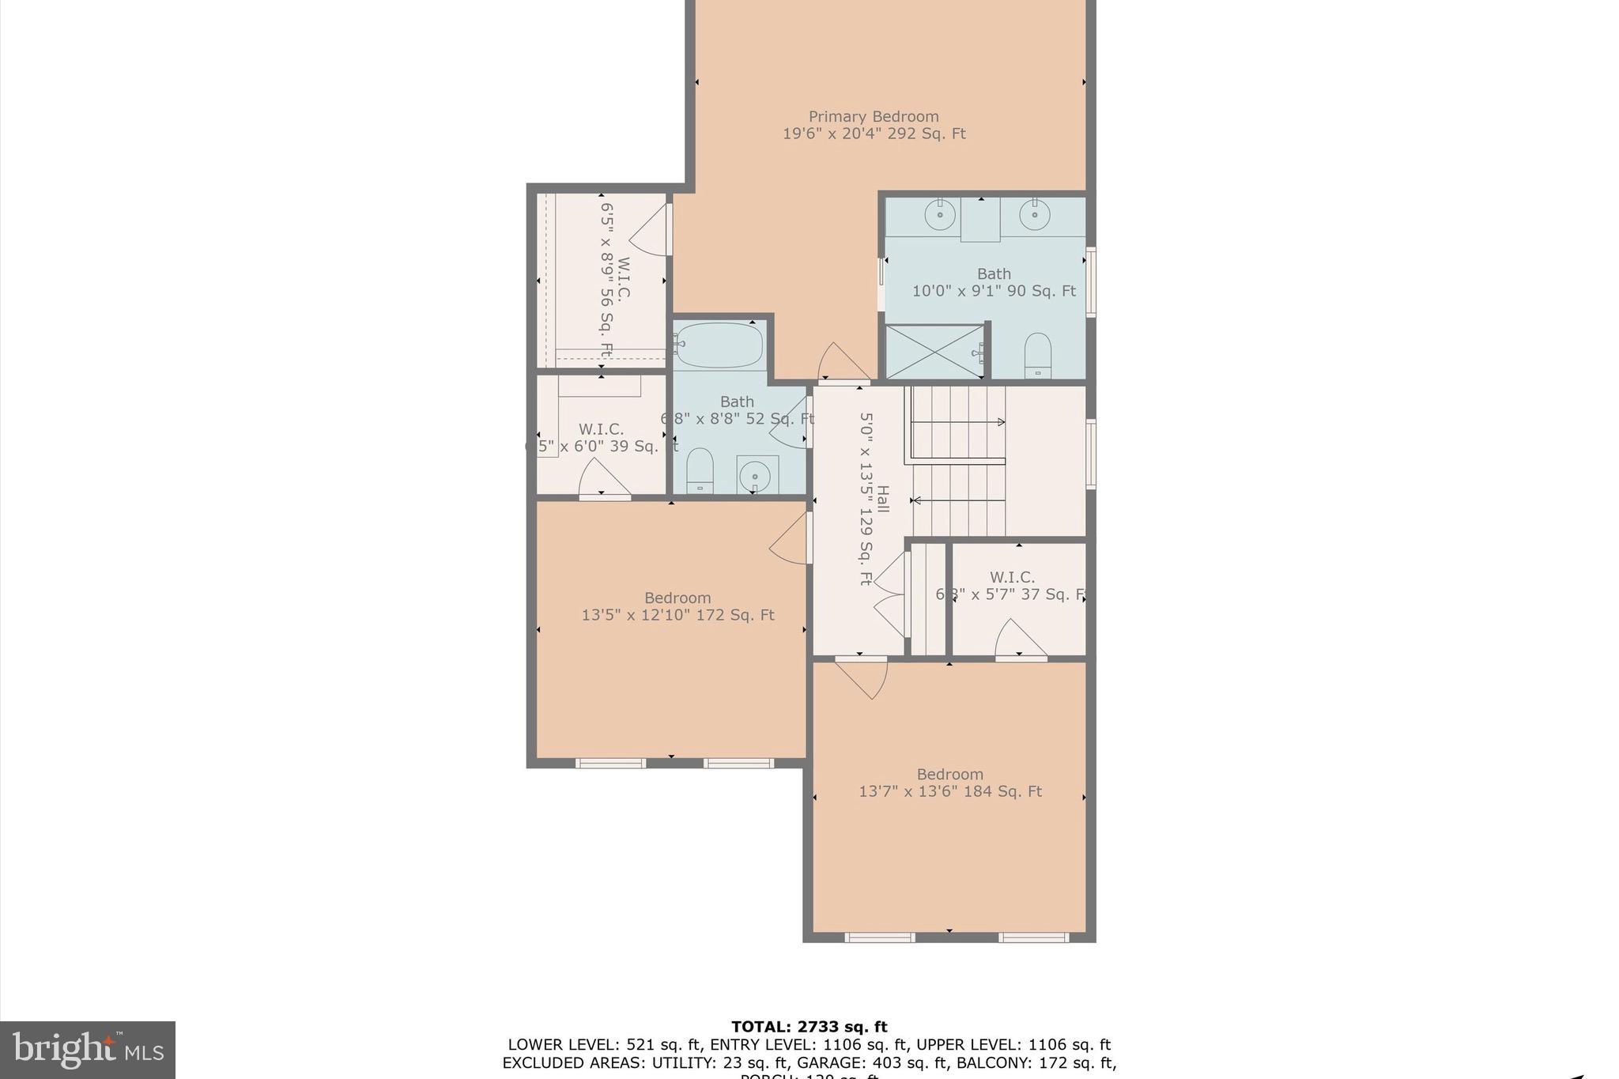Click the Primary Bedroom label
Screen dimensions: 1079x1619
874,125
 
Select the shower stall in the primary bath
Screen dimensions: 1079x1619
934,353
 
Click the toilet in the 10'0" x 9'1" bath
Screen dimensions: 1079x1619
1037,356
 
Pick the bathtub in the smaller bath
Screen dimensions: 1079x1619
719,345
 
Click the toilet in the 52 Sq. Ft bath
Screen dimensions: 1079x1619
700,471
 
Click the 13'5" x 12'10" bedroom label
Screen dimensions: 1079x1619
677,606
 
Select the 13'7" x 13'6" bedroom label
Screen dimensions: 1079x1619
949,783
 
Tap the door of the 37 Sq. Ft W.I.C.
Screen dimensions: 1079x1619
1020,639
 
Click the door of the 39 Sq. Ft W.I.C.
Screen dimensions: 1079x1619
602,480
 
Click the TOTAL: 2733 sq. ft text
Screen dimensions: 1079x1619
809,1027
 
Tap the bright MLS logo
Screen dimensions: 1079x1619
88,1050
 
